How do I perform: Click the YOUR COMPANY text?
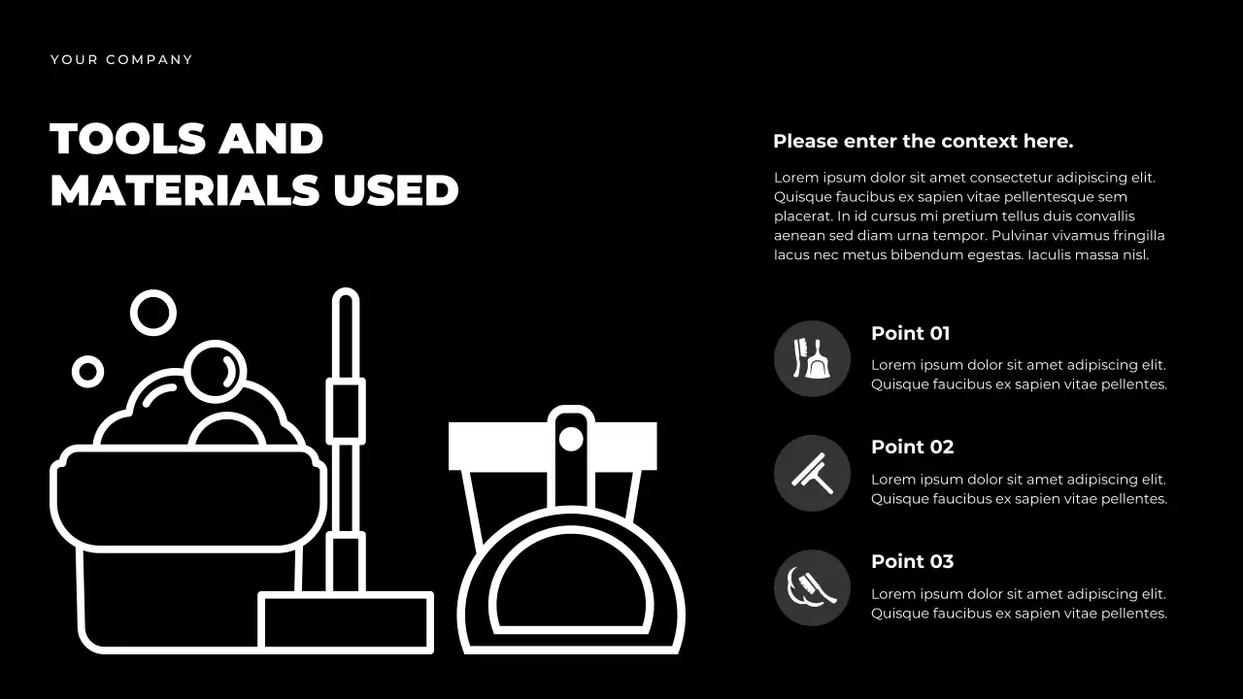point(121,60)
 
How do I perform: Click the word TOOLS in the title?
point(127,139)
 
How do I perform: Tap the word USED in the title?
point(396,190)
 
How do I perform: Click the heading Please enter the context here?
point(923,142)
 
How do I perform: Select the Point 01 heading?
point(910,334)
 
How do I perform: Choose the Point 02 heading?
point(912,448)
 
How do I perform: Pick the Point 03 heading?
point(912,562)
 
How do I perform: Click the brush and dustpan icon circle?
point(812,358)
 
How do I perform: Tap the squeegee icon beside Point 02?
point(812,473)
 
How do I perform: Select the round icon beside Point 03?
point(812,587)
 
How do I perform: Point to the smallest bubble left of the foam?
point(87,371)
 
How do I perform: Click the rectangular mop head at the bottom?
point(346,621)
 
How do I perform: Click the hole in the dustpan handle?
point(571,439)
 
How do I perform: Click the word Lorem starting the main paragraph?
point(795,178)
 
